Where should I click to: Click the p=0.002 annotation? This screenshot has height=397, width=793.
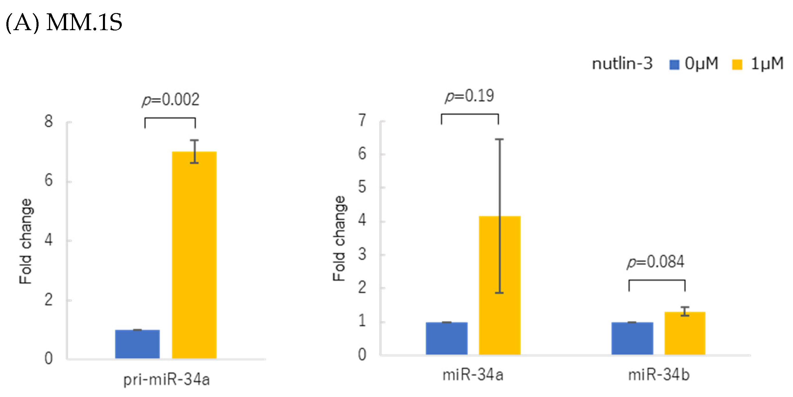click(170, 100)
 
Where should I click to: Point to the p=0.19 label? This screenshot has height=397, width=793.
click(469, 96)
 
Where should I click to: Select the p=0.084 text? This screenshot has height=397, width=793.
click(655, 262)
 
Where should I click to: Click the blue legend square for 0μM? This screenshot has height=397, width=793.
click(674, 65)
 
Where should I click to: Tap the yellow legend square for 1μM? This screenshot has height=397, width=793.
click(737, 65)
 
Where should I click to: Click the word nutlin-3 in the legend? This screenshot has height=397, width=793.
click(622, 64)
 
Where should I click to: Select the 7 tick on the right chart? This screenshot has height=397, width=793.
click(362, 120)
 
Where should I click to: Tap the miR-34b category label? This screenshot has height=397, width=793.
click(659, 375)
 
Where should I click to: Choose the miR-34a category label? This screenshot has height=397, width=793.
click(473, 375)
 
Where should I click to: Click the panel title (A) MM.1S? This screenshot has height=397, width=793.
click(64, 23)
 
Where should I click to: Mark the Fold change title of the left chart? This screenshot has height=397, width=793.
click(26, 241)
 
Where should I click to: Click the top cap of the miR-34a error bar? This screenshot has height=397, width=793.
click(499, 139)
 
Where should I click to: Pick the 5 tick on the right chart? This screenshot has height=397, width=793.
click(362, 187)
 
